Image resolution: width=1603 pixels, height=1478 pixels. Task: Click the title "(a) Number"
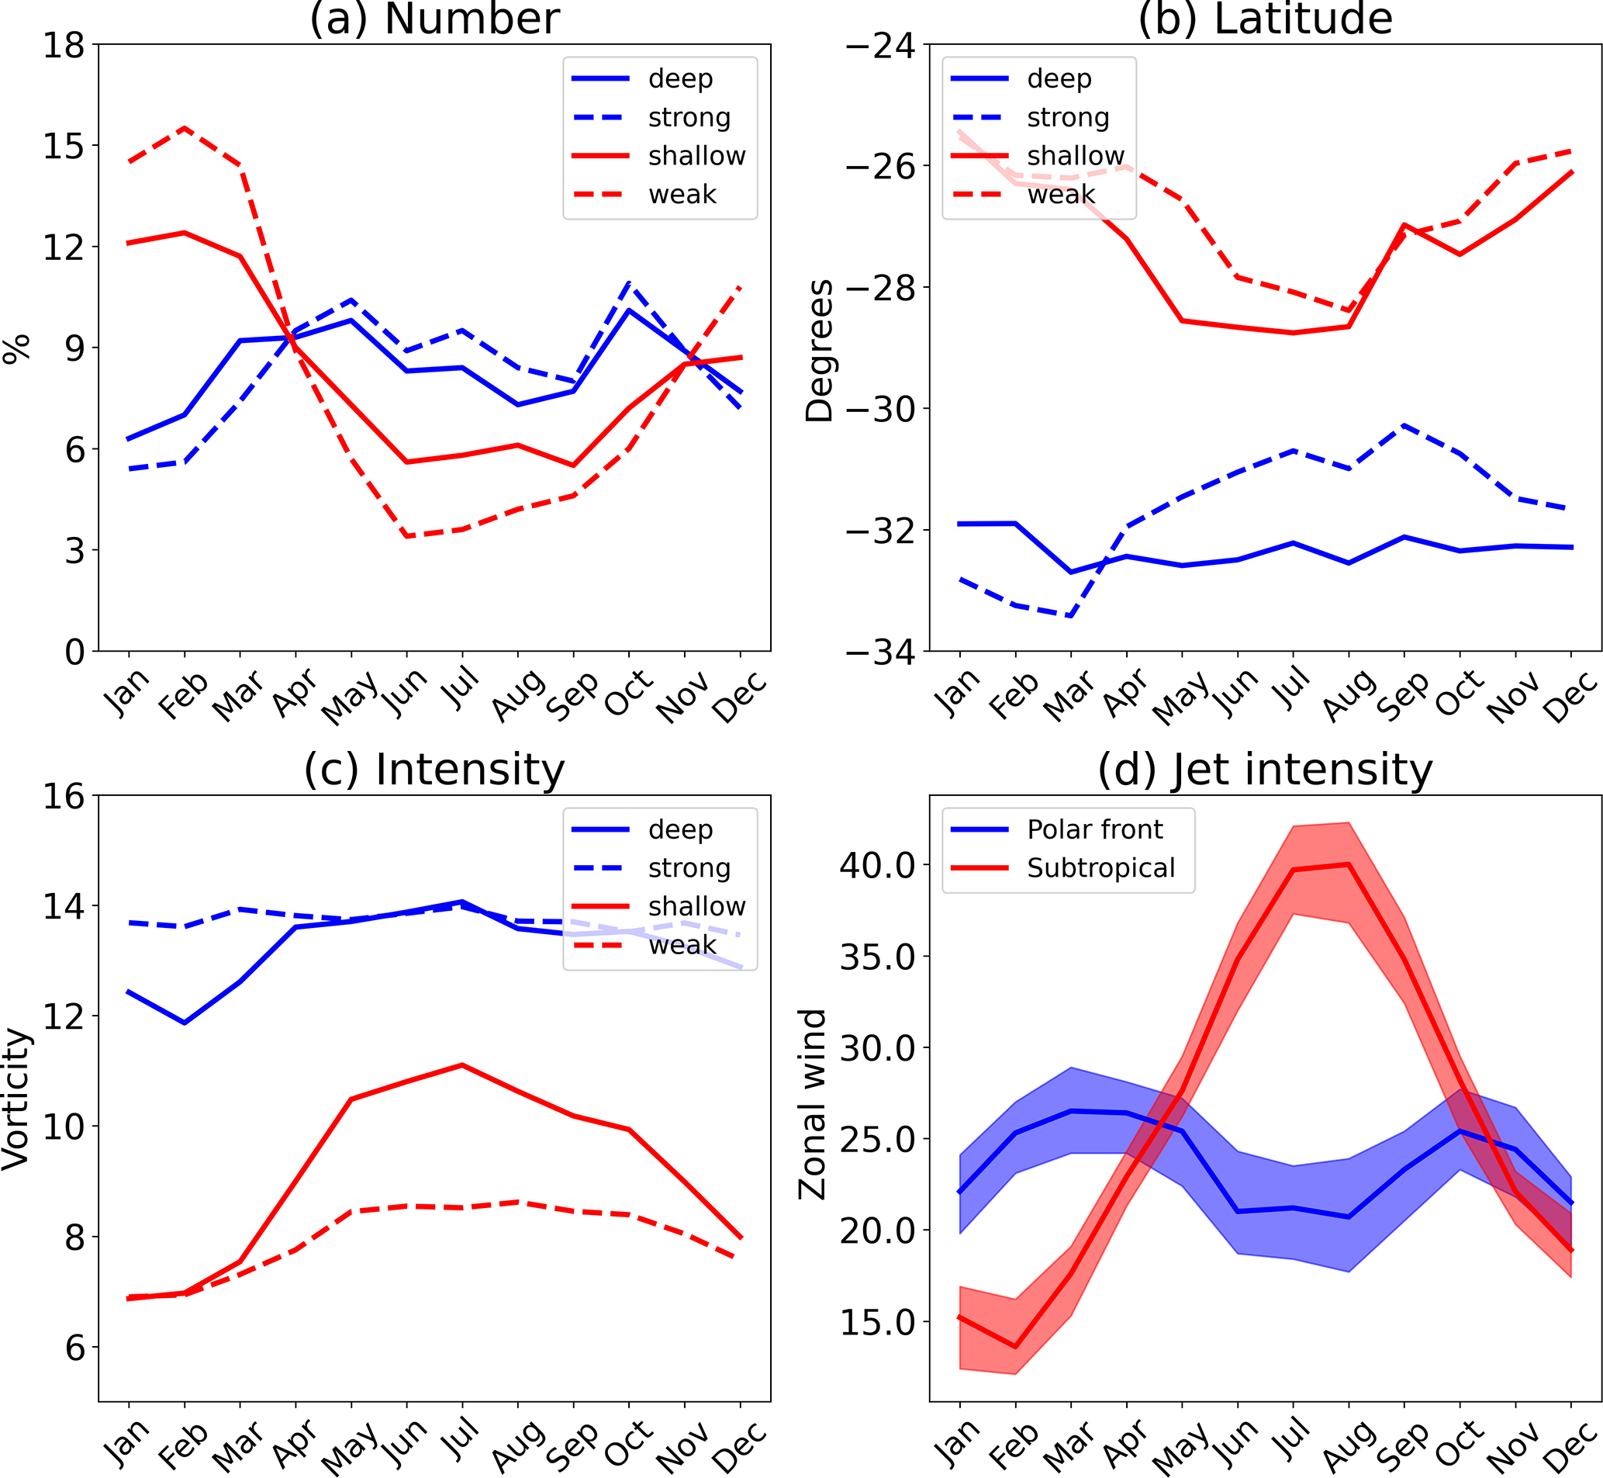pos(434,19)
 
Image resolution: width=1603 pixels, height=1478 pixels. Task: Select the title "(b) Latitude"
pos(1265,19)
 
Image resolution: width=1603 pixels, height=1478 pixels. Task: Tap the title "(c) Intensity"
pos(434,770)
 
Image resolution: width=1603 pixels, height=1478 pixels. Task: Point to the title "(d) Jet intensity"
pos(1265,770)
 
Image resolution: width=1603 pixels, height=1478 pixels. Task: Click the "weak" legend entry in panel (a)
pos(682,194)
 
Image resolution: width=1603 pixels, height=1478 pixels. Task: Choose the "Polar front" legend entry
pos(1093,829)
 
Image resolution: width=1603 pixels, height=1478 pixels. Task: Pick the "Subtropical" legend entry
pos(1100,867)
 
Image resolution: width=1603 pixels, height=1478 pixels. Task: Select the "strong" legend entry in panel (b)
pos(1067,118)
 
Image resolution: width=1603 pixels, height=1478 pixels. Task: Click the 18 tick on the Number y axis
pos(63,46)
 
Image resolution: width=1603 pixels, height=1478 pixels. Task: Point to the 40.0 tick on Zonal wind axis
pos(876,864)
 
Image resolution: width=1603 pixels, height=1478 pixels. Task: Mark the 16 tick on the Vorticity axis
pos(63,797)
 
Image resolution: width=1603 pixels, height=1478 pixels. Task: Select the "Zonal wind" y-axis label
pos(812,1105)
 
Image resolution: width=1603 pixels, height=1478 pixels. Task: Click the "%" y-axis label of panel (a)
pos(16,348)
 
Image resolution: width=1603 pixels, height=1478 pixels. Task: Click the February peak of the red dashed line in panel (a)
pos(185,128)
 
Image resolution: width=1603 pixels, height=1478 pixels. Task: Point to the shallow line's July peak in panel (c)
pos(462,1064)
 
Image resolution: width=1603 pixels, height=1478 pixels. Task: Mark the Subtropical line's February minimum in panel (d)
pos(1015,1347)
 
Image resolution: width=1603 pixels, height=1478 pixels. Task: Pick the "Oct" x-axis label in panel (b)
pos(1459,694)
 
